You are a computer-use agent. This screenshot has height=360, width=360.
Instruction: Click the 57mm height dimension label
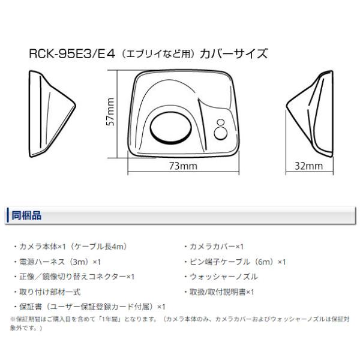(x=110, y=112)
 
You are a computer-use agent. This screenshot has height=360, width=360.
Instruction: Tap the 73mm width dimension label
(x=183, y=166)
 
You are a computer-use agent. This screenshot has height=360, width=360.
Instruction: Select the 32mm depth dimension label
(x=309, y=166)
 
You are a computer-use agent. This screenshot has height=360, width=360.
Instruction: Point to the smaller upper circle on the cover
(x=221, y=122)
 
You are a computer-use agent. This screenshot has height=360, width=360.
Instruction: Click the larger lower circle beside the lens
(x=221, y=134)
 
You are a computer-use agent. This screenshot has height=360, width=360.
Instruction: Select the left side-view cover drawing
(x=52, y=114)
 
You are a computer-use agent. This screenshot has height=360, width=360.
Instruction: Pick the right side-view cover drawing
(x=310, y=114)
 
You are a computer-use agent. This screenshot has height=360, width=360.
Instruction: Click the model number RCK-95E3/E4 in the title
(x=72, y=54)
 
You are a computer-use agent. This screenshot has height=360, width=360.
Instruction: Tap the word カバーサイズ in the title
(x=233, y=54)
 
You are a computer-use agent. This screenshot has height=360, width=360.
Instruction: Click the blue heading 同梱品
(x=26, y=215)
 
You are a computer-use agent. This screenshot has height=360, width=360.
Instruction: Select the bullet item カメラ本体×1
(x=43, y=247)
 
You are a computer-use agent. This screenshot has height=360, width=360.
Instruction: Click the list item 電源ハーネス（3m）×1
(x=60, y=262)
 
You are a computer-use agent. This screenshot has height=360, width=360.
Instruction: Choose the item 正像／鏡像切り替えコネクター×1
(x=77, y=277)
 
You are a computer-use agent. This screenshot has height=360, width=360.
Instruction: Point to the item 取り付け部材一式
(x=50, y=292)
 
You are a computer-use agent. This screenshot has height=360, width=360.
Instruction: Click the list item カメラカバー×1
(x=216, y=247)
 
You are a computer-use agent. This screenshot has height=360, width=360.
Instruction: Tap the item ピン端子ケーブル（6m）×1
(x=238, y=262)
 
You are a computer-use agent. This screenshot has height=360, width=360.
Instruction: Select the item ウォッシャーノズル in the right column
(x=224, y=277)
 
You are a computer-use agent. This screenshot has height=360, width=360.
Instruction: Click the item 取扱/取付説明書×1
(x=222, y=292)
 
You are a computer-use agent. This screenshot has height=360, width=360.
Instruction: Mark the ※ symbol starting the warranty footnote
(x=13, y=319)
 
